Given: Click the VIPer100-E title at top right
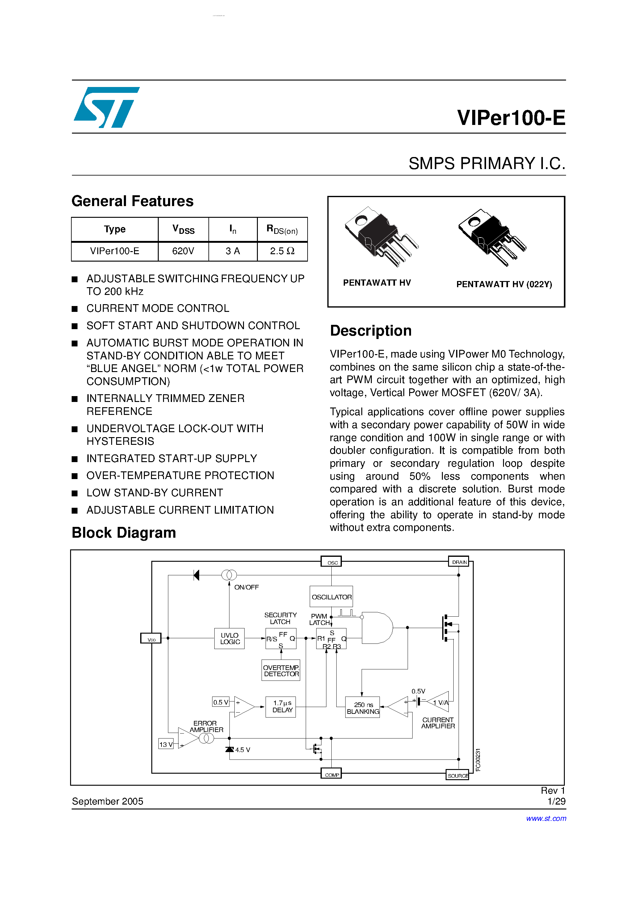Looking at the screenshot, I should click(510, 118).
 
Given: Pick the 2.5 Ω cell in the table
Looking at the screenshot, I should click(282, 251).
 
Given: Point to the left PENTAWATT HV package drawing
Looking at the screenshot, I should click(380, 237).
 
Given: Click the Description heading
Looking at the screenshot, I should click(371, 331).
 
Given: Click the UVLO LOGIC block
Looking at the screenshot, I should click(229, 638).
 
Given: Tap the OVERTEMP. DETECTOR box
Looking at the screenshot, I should click(281, 671).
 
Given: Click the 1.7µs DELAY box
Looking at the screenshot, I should click(281, 707).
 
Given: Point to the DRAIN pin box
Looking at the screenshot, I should click(459, 562).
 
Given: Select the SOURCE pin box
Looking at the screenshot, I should click(457, 776).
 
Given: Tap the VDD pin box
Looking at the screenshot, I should click(151, 638).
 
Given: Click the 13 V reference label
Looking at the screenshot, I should click(166, 744).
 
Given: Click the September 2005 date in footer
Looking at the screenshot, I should click(107, 801).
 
